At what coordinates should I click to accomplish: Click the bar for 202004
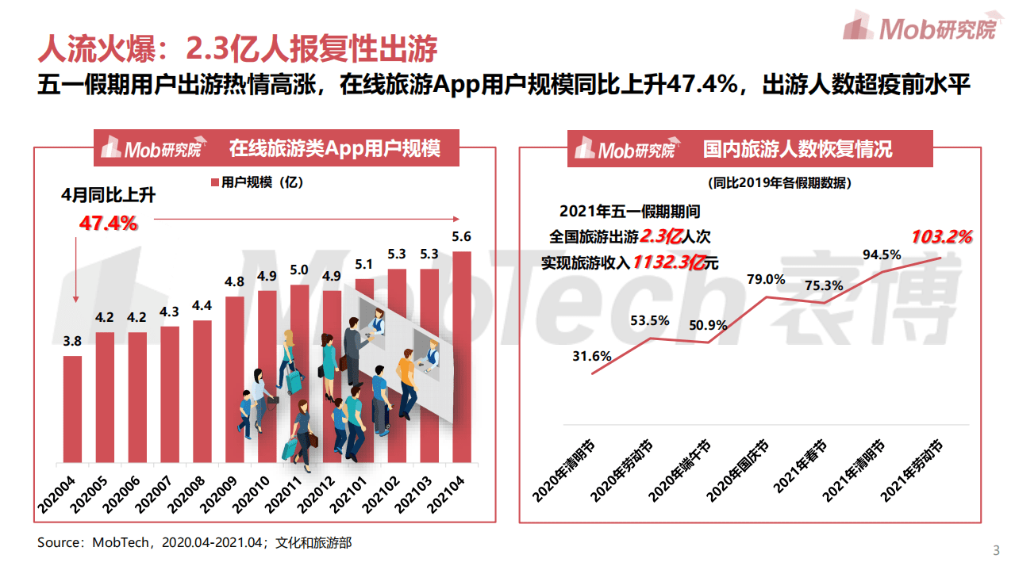tap(72, 409)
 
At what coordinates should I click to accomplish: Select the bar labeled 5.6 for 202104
tap(461, 357)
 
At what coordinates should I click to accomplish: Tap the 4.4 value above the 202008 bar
tap(202, 306)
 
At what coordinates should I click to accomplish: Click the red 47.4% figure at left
tap(108, 224)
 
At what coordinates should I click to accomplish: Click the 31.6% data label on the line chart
tap(591, 356)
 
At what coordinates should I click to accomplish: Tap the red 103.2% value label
tap(941, 236)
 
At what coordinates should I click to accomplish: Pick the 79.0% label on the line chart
tap(766, 279)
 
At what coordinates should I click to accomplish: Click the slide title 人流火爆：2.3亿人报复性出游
tap(237, 48)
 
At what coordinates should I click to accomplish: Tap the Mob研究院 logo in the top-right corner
tap(919, 28)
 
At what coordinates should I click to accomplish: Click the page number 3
tap(997, 551)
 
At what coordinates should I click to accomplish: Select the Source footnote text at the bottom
tap(194, 543)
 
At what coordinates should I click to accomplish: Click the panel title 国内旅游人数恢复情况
tap(797, 149)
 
